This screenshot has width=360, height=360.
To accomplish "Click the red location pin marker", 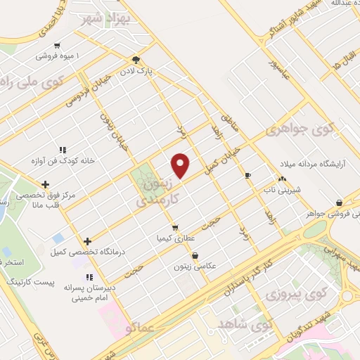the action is point(181,166).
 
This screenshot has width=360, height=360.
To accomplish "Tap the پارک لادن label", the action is point(154,71).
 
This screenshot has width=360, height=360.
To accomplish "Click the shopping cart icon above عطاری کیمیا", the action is point(175,228).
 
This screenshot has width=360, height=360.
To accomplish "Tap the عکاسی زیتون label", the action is point(195,267).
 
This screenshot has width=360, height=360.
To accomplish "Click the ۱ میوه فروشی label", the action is point(58,55).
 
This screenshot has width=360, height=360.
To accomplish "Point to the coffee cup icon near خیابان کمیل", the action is point(247,175).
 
